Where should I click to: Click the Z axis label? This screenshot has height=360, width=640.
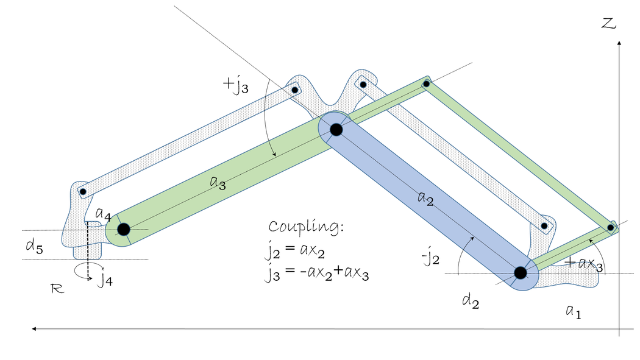point(608,23)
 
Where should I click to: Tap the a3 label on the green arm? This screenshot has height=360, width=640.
point(218,183)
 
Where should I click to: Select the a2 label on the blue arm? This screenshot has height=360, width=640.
point(425,199)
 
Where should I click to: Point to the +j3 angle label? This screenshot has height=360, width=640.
point(235,85)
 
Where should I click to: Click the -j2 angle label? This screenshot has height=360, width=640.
point(430,258)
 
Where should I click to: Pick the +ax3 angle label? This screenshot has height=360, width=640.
point(584,264)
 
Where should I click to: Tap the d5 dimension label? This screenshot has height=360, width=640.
point(34,246)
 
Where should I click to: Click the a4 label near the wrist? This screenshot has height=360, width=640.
point(103,214)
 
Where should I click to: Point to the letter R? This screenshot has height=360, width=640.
point(57,289)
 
